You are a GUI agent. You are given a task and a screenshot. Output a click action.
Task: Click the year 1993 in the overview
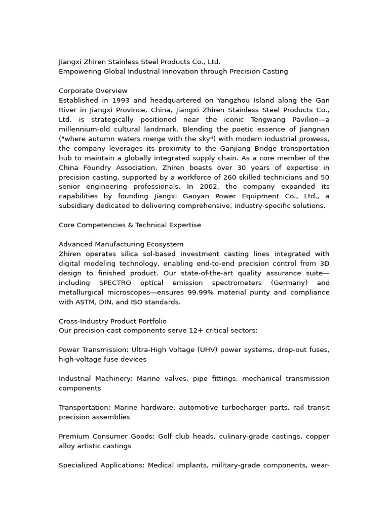point(122,101)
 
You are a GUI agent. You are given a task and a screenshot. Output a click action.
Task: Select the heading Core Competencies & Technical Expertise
point(130,226)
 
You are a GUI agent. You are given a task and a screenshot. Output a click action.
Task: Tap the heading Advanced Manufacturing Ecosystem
point(121,245)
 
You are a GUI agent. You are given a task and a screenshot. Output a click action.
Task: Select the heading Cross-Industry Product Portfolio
point(112,322)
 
